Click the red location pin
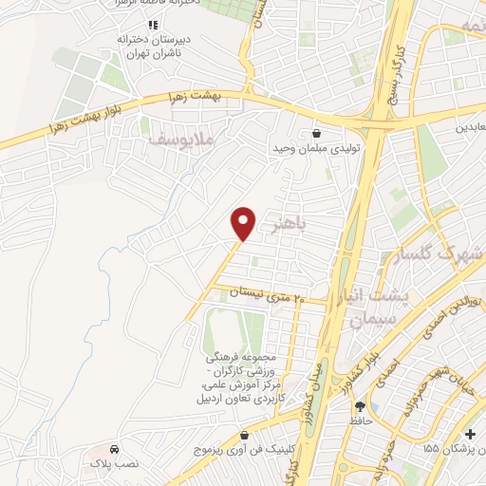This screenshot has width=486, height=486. [x=244, y=223]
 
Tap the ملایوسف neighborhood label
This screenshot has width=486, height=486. [x=182, y=140]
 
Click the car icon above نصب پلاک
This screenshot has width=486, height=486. [x=114, y=448]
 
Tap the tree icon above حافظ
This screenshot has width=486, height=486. [x=358, y=405]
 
